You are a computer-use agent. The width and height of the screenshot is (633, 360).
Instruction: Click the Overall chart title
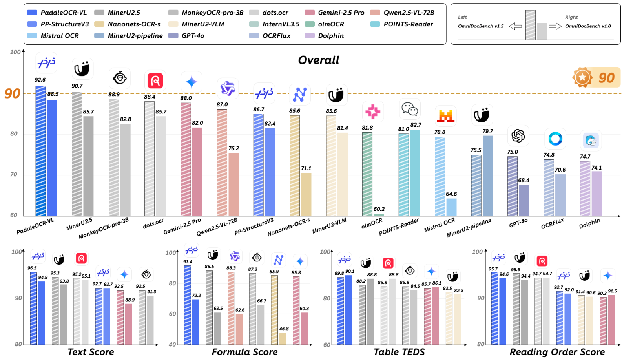319,60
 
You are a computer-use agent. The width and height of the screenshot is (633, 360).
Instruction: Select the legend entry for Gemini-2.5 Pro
335,13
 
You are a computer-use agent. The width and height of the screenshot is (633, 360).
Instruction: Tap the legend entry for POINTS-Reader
401,24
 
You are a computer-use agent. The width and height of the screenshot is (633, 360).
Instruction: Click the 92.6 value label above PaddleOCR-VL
40,80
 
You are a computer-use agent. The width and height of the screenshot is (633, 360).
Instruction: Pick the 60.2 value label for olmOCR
379,209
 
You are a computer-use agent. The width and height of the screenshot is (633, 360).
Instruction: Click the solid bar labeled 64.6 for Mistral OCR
451,207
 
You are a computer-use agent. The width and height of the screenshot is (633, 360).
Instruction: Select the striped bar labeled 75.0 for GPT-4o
513,186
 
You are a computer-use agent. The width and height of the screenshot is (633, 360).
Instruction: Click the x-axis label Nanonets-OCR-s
288,227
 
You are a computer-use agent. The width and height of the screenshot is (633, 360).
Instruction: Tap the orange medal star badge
582,77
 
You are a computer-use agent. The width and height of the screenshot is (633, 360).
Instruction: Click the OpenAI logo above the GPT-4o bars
518,136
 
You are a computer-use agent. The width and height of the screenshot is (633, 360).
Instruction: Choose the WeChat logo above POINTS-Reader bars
410,109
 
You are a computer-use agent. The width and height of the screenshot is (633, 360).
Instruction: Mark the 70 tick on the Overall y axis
14,174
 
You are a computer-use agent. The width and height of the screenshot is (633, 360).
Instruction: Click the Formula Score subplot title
244,352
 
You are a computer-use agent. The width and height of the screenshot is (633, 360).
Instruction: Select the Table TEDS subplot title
399,352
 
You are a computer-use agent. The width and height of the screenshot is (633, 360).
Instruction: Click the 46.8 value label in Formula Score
284,329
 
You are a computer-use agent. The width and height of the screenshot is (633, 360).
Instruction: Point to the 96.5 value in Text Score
32,268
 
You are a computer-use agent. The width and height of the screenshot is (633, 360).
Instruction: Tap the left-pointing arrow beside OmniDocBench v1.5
515,26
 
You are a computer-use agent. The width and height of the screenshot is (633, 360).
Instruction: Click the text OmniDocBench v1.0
588,26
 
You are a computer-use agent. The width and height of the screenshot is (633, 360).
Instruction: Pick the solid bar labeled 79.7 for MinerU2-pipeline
487,176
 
